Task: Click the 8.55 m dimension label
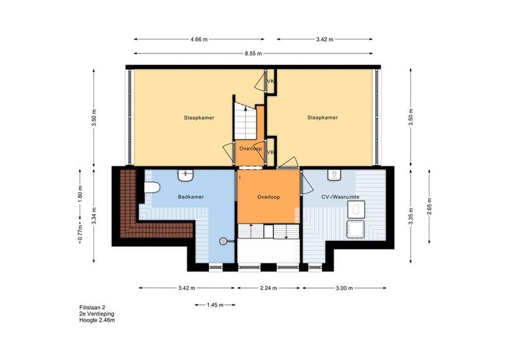(x=253, y=53)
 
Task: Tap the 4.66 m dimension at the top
(x=199, y=39)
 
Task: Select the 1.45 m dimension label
(x=215, y=305)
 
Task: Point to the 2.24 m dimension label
(x=269, y=288)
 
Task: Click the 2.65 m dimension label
(x=429, y=206)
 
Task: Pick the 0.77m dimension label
(x=80, y=233)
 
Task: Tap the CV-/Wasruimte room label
(x=340, y=197)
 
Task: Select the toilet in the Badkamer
(x=152, y=187)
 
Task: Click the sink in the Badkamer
(x=185, y=175)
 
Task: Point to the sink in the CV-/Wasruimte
(x=334, y=175)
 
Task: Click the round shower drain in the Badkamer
(x=222, y=241)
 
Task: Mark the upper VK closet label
(x=271, y=81)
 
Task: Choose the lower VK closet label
(x=271, y=152)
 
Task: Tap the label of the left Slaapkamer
(x=199, y=118)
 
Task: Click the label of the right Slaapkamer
(x=323, y=118)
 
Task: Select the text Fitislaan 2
(x=92, y=307)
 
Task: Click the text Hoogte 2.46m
(x=97, y=320)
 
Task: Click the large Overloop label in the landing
(x=269, y=197)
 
